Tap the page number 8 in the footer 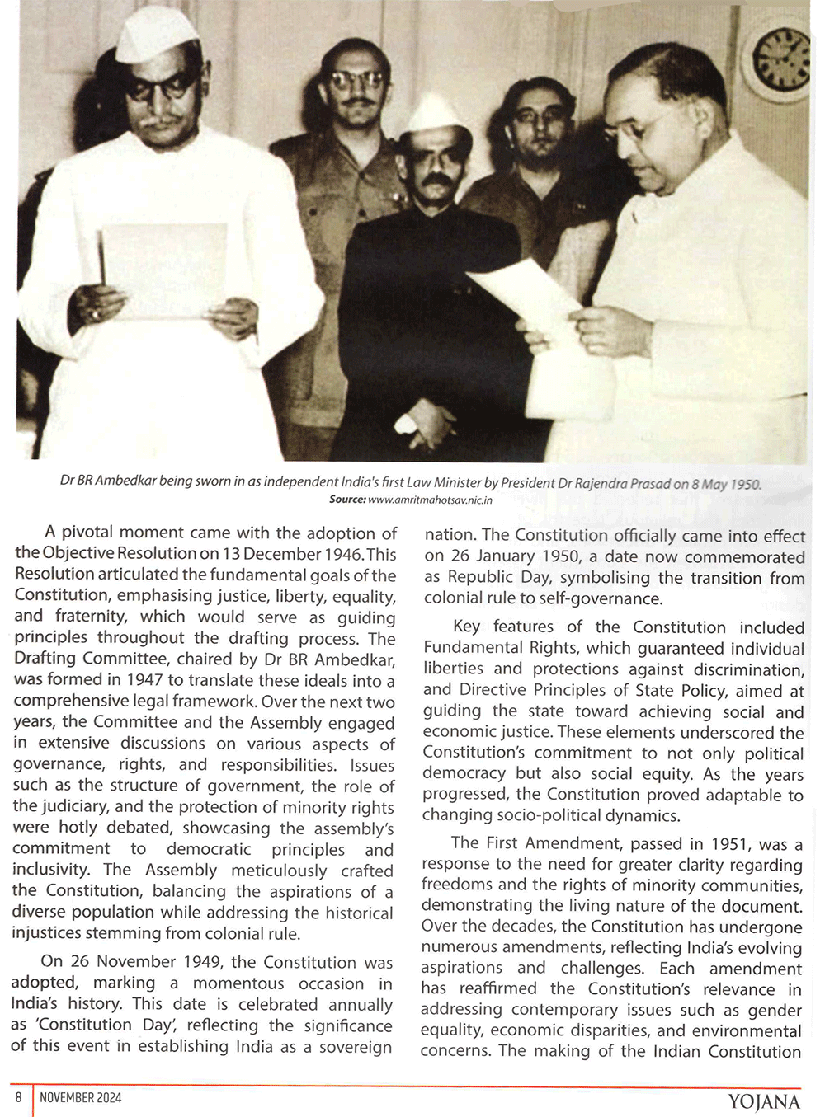point(18,1097)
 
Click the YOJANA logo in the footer point(764,1101)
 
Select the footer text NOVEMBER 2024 point(80,1097)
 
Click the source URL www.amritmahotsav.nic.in point(430,500)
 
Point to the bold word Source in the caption point(346,500)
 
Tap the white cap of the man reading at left point(157,35)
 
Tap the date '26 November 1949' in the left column point(145,962)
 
